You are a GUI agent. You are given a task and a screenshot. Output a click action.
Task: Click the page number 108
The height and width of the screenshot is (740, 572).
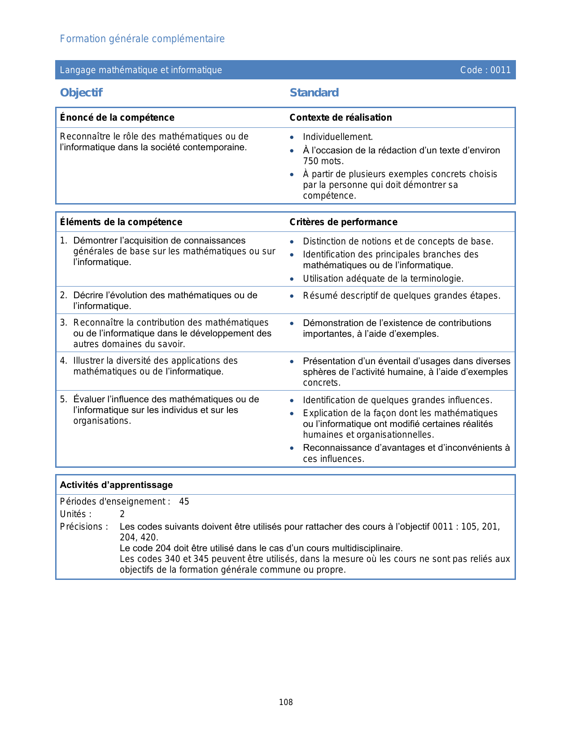[x=286, y=702]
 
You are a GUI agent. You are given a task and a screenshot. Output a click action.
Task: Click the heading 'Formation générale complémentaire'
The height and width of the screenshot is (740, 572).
[x=142, y=39]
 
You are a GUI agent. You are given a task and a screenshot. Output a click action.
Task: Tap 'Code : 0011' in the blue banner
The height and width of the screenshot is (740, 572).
[x=485, y=70]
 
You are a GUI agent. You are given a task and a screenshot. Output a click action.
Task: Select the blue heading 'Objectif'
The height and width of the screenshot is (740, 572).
[x=81, y=93]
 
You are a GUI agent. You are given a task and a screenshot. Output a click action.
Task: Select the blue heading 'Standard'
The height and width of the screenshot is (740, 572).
[x=314, y=93]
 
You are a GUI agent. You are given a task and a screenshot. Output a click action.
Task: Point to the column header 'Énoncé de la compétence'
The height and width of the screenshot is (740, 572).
[x=117, y=118]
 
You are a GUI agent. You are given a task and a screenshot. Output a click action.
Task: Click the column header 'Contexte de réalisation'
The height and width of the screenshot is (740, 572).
[x=341, y=118]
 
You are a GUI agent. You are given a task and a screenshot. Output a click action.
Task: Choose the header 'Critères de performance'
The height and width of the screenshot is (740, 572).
[x=343, y=222]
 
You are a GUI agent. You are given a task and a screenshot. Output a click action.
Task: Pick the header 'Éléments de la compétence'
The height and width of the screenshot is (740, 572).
[x=121, y=222]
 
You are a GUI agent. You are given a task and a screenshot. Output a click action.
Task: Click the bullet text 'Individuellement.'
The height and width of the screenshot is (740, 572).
[x=338, y=137]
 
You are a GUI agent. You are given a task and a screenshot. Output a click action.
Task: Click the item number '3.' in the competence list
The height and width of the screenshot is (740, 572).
[x=64, y=323]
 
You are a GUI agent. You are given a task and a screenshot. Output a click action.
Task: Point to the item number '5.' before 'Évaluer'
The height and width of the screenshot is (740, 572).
[x=64, y=400]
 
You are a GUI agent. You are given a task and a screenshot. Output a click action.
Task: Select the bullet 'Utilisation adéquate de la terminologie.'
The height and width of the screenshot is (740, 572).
[x=383, y=279]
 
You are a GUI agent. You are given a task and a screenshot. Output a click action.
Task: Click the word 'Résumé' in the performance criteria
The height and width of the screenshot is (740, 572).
[x=317, y=296]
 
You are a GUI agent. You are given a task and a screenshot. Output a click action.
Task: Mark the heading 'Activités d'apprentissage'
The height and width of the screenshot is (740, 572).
[x=116, y=485]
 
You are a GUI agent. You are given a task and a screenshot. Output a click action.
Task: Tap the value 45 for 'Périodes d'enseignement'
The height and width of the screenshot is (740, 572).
[x=184, y=502]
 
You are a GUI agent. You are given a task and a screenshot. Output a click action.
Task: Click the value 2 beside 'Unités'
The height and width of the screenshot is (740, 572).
[x=122, y=514]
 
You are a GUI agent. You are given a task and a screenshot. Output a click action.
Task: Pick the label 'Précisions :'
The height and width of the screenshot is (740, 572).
[x=84, y=527]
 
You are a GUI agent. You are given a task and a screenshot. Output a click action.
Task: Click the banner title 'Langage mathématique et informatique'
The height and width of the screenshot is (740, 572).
[x=141, y=70]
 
